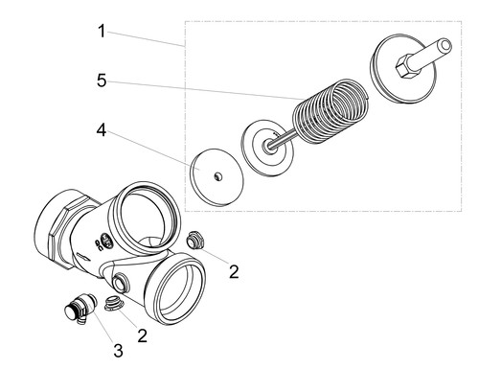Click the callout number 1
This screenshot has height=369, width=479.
click(x=102, y=32)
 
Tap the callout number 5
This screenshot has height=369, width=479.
click(x=102, y=81)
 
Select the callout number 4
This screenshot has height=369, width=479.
click(x=102, y=130)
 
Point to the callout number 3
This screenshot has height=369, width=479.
click(x=119, y=351)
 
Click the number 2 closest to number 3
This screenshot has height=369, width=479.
click(x=143, y=335)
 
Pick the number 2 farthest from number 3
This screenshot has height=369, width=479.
click(x=234, y=272)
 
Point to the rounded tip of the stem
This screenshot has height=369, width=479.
click(x=445, y=45)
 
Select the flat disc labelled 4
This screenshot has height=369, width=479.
click(x=217, y=175)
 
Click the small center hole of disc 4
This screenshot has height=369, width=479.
click(x=217, y=176)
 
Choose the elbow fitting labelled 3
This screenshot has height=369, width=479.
click(x=80, y=309)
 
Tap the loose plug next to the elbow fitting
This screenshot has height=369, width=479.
click(x=114, y=303)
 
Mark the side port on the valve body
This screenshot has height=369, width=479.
click(x=121, y=281)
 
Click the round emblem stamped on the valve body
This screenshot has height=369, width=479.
click(x=106, y=242)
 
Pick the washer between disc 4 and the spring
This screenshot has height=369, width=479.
click(x=267, y=148)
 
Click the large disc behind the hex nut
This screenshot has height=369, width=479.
click(x=403, y=72)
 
